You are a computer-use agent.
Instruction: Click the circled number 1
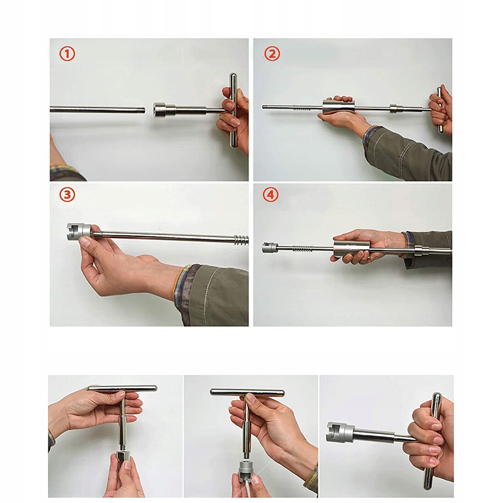67,54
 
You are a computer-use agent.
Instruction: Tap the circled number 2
272,54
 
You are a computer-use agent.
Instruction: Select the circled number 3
67,195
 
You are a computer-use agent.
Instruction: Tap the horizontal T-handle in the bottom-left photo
123,388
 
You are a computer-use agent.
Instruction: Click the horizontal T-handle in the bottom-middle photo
247,392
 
